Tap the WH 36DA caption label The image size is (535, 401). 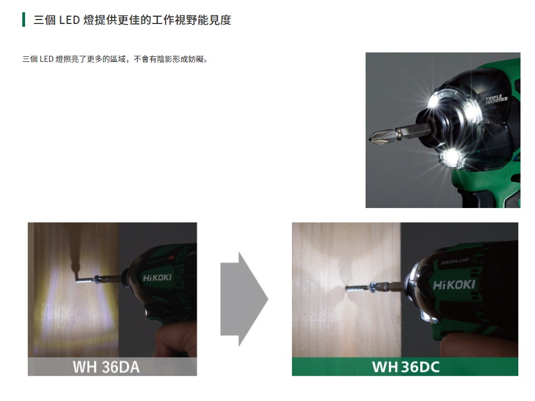point(106,367)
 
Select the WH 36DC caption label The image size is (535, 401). point(405,366)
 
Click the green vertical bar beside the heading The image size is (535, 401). point(24,20)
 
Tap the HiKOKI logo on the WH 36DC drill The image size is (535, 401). point(454,285)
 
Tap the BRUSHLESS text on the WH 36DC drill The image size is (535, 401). point(455,260)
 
